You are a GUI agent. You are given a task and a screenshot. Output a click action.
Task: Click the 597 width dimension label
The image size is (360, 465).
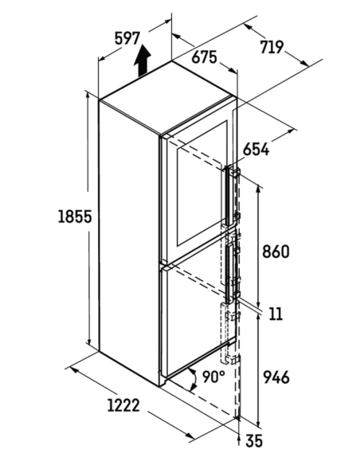(127, 38)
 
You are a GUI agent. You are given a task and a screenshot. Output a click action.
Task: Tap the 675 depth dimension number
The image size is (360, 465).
(205, 57)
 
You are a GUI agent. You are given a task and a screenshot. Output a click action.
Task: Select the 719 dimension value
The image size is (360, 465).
(272, 47)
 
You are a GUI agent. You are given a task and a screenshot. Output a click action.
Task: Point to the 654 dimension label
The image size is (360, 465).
(256, 149)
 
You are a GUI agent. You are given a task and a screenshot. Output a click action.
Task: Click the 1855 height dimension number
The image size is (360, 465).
(75, 217)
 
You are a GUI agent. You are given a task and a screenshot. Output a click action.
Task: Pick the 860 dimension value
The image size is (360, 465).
(276, 252)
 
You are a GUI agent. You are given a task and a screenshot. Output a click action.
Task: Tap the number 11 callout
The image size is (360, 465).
(276, 314)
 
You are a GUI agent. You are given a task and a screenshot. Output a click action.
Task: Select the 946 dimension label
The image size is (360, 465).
(276, 377)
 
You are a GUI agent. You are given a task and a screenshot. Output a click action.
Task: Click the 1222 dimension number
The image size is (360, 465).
(123, 405)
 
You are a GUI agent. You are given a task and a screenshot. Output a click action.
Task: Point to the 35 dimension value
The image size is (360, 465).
(254, 440)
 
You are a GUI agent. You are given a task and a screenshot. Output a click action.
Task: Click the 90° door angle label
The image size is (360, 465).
(213, 377)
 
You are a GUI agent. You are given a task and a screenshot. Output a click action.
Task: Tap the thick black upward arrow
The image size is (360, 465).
(142, 61)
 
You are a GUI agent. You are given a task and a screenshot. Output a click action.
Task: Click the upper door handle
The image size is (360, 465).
(228, 197)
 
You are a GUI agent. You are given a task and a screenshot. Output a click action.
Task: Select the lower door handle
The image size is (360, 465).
(229, 273)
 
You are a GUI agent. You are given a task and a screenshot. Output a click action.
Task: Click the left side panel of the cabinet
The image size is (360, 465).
(129, 243)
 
